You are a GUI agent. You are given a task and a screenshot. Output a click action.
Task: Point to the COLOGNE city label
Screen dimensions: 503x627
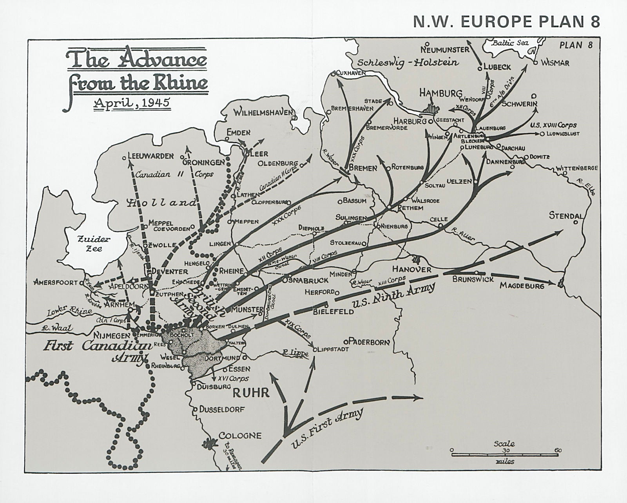point(240,436)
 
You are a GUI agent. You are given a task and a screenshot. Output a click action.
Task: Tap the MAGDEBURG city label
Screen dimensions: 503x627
point(522,286)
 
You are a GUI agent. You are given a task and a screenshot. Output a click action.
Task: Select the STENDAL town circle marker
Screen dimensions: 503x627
point(576,222)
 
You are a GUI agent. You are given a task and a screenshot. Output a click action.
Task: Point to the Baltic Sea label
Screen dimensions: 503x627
point(511,42)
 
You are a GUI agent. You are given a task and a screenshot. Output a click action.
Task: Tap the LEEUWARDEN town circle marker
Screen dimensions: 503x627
point(124,158)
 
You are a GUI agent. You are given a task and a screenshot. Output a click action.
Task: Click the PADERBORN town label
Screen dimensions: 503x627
point(368,342)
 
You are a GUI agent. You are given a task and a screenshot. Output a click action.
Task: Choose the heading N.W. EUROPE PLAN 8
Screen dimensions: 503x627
point(506,22)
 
